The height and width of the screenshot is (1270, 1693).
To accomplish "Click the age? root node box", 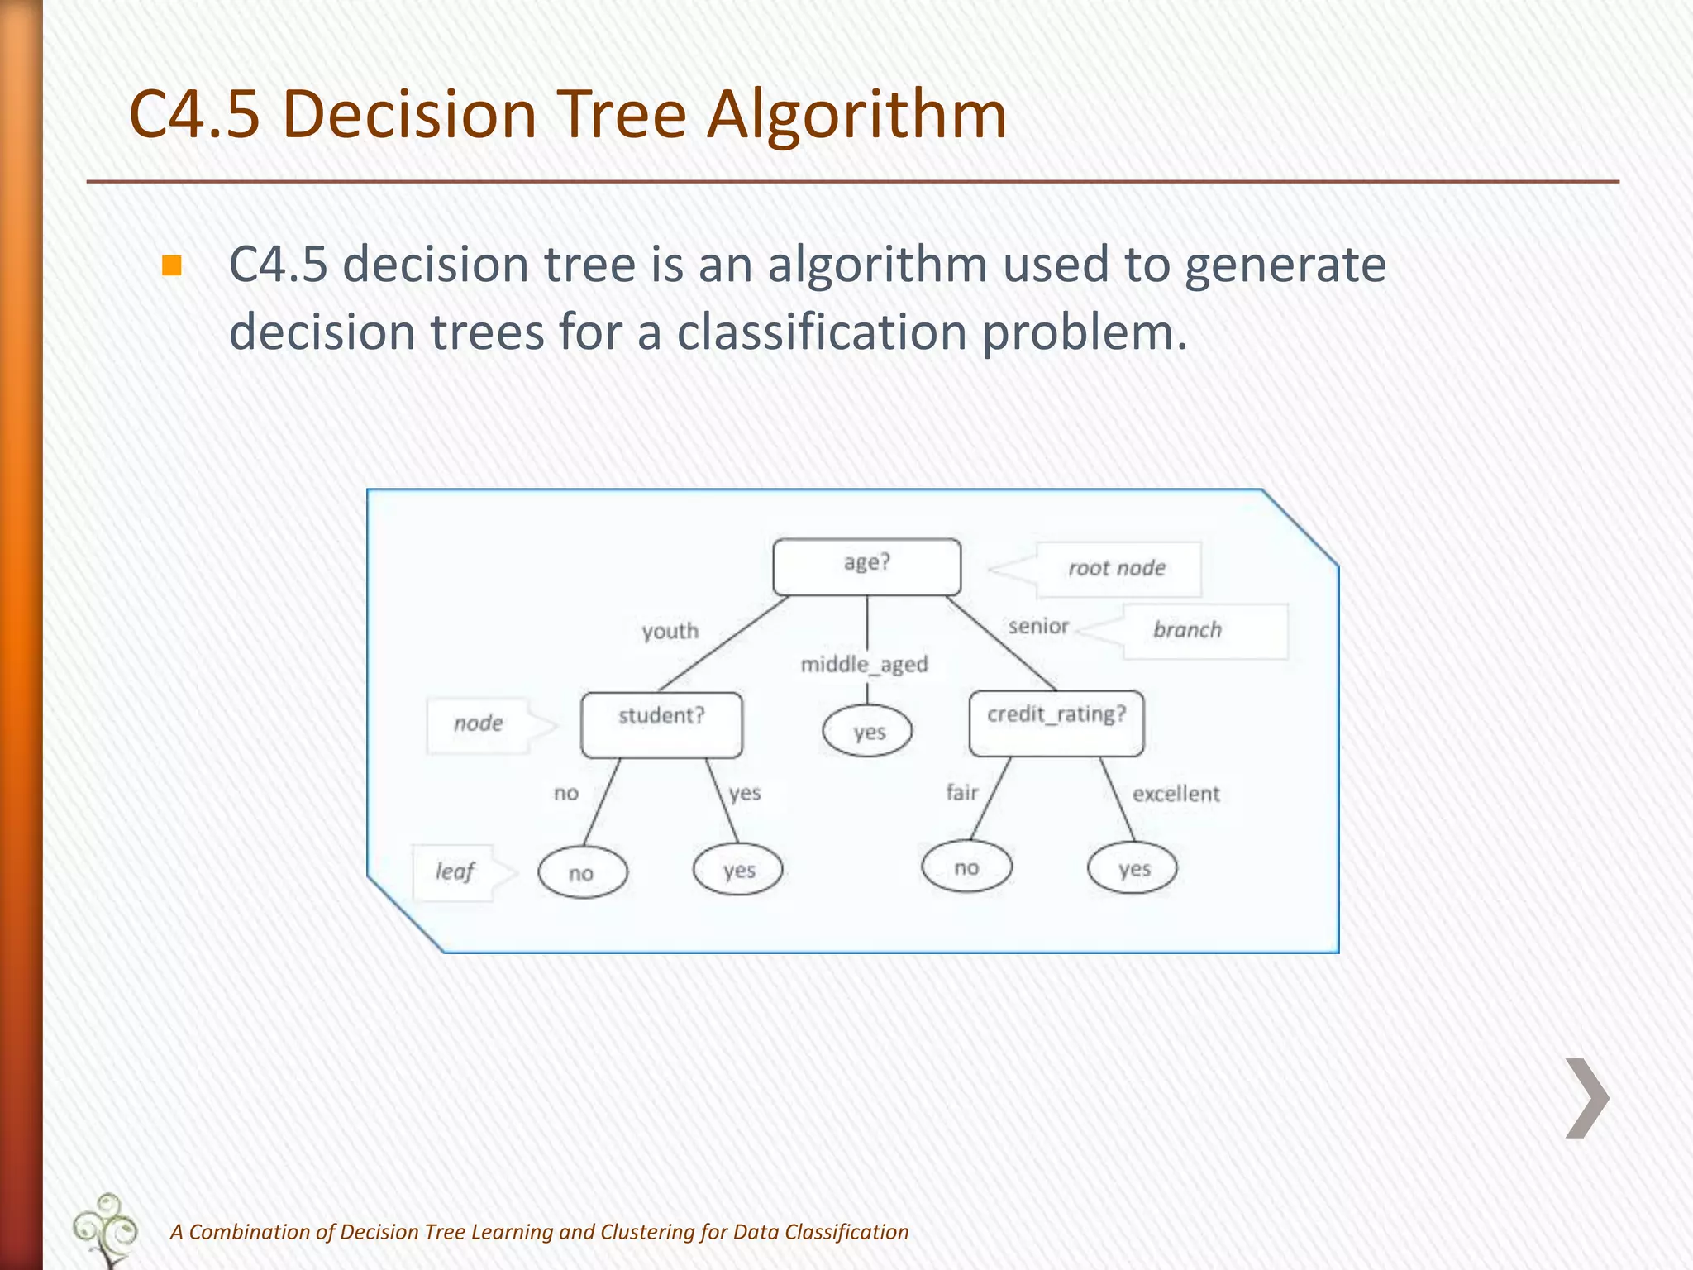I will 866,566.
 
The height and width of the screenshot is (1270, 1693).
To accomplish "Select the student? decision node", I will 661,723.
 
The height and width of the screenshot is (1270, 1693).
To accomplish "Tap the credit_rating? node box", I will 1056,723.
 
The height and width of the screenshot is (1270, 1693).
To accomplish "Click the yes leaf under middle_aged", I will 867,731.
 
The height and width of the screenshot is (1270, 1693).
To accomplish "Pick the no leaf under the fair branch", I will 966,867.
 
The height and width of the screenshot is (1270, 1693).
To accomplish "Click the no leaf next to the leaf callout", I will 582,872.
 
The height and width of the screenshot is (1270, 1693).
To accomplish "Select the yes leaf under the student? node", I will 737,870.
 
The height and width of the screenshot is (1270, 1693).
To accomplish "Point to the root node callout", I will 1117,569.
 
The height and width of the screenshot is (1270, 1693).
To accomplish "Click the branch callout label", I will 1188,630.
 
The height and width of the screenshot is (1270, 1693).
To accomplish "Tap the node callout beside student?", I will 479,724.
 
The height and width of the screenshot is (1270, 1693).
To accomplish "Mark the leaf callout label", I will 455,871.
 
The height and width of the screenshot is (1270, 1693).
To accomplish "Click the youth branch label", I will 670,631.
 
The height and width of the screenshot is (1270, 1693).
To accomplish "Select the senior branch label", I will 1038,627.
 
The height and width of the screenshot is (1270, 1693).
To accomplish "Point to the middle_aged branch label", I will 864,664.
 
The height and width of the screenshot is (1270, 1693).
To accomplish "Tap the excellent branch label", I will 1176,794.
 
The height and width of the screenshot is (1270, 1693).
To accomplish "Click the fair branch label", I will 961,793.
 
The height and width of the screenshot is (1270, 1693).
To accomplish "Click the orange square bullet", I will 171,265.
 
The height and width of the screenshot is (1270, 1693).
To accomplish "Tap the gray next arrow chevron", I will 1587,1097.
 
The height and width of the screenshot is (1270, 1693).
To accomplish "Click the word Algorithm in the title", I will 856,113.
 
